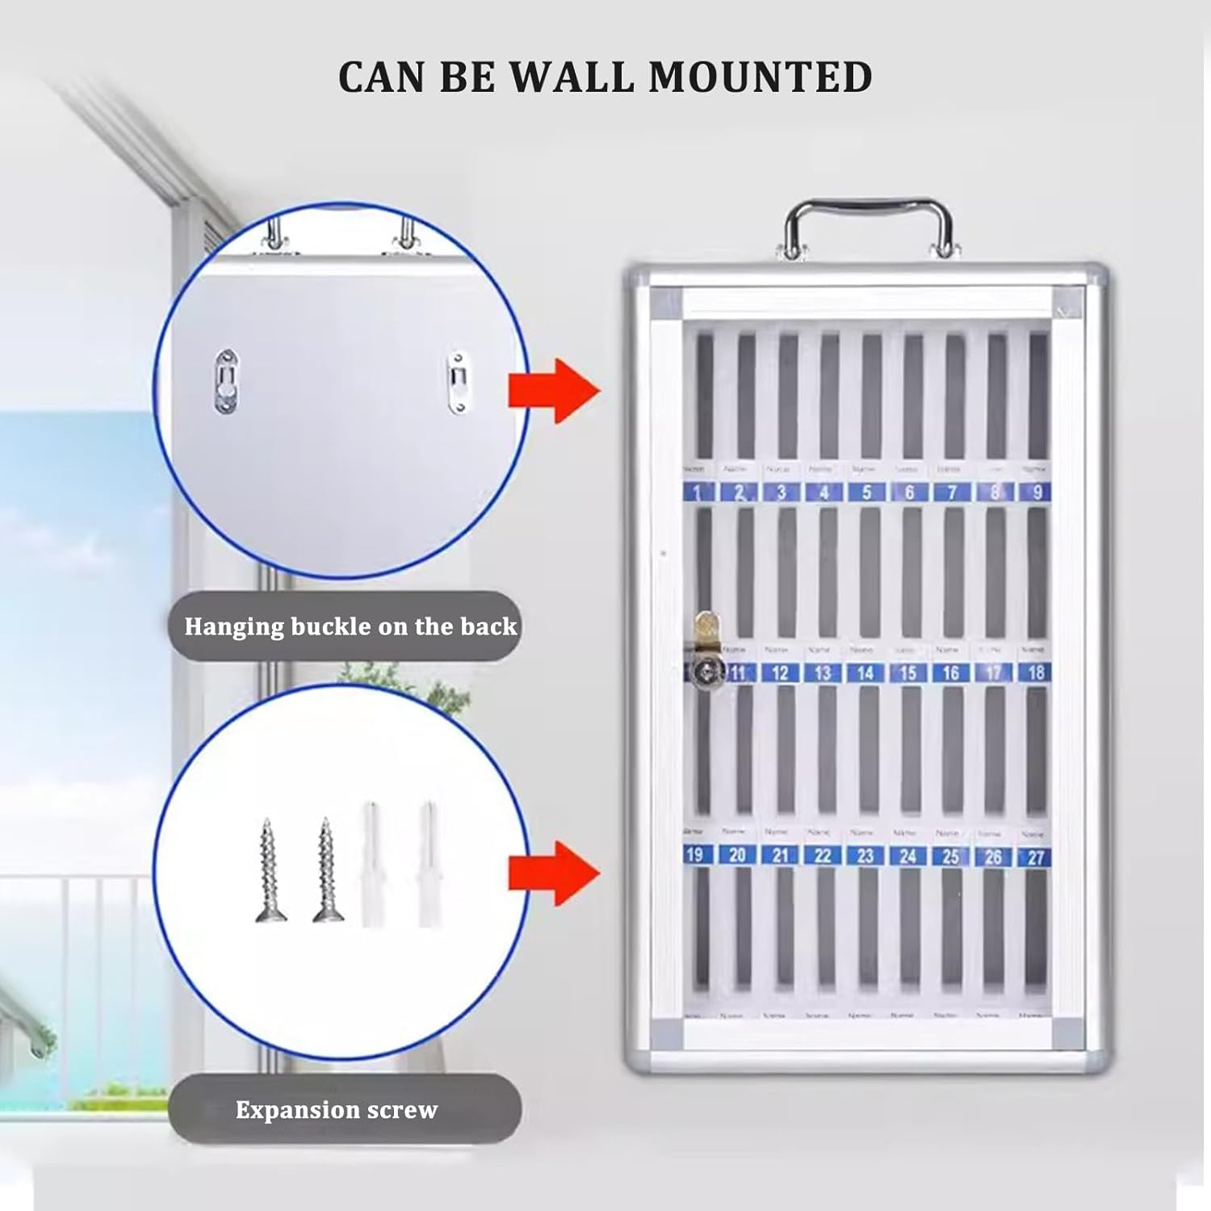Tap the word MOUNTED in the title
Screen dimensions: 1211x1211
pyautogui.click(x=761, y=78)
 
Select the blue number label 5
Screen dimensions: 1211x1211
pyautogui.click(x=866, y=492)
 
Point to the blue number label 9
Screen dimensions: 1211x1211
pyautogui.click(x=1037, y=492)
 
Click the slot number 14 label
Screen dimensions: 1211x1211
pyautogui.click(x=865, y=673)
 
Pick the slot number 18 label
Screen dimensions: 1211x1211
pyautogui.click(x=1036, y=672)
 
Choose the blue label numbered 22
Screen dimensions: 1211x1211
pyautogui.click(x=822, y=855)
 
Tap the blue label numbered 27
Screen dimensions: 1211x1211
pyautogui.click(x=1036, y=857)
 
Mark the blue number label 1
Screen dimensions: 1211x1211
pyautogui.click(x=698, y=492)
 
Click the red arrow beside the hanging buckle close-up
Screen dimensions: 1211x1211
pyautogui.click(x=555, y=392)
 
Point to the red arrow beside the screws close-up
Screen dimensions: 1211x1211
pyautogui.click(x=555, y=873)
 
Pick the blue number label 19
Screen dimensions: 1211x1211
pyautogui.click(x=694, y=854)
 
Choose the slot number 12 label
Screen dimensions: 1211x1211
pyautogui.click(x=780, y=673)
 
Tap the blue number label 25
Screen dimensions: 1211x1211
pyautogui.click(x=950, y=856)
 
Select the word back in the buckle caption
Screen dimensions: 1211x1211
pyautogui.click(x=488, y=626)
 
